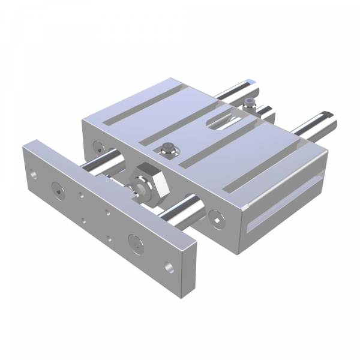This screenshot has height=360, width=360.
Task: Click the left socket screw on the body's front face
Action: click(98, 145)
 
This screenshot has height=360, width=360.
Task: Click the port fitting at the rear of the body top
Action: click(250, 100)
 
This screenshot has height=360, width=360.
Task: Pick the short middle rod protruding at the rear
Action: click(265, 112)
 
